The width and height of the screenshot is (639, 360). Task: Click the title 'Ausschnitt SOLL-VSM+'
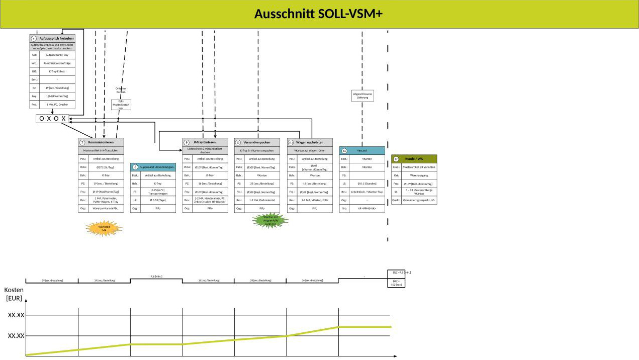[319, 14]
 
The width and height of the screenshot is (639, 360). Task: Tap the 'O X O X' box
[52, 119]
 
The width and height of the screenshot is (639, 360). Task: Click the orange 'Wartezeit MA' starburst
[104, 228]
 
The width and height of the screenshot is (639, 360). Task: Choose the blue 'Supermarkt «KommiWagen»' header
[153, 166]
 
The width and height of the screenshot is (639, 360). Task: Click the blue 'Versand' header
[362, 150]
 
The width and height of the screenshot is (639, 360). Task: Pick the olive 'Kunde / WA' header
[414, 158]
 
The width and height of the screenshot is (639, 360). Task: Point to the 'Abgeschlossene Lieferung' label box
[362, 96]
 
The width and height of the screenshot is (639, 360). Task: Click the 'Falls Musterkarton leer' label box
[121, 105]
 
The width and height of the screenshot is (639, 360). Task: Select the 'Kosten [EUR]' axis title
[14, 294]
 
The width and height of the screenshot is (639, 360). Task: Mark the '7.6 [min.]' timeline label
[156, 276]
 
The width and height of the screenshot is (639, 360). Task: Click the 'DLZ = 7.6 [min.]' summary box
[397, 273]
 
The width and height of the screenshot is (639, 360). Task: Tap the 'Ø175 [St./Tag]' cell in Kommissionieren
[106, 167]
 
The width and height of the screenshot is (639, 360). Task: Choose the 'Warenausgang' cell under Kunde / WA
[419, 175]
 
